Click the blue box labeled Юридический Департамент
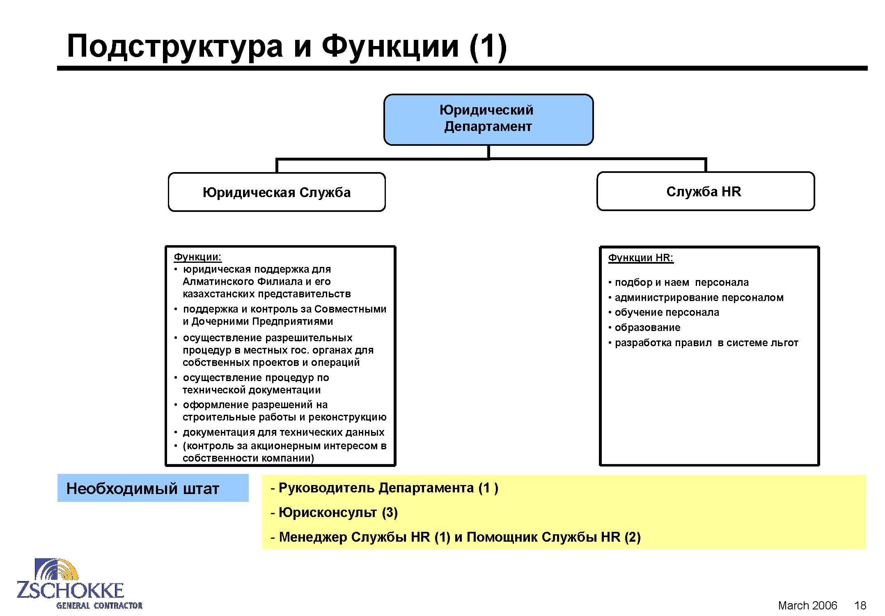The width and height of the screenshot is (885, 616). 488,120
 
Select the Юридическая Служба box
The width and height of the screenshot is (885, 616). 277,192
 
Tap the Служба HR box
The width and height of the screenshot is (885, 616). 705,191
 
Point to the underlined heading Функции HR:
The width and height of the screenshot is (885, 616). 640,258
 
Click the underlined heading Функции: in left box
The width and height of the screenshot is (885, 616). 197,257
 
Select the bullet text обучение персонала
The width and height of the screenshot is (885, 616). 667,313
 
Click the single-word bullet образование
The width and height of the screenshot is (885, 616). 647,328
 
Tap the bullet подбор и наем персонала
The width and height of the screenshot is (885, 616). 681,283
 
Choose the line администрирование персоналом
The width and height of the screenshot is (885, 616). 699,298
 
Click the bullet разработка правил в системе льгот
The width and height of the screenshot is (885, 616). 706,343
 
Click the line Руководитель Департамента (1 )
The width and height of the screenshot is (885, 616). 388,488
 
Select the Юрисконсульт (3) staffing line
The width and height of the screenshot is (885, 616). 338,513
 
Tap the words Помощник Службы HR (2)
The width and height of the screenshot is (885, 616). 554,537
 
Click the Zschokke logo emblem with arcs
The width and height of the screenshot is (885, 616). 57,569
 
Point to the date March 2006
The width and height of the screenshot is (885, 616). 807,605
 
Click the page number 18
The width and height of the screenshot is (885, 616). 860,605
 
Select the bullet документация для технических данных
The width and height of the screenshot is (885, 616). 283,432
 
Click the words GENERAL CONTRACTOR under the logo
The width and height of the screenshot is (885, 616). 99,605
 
